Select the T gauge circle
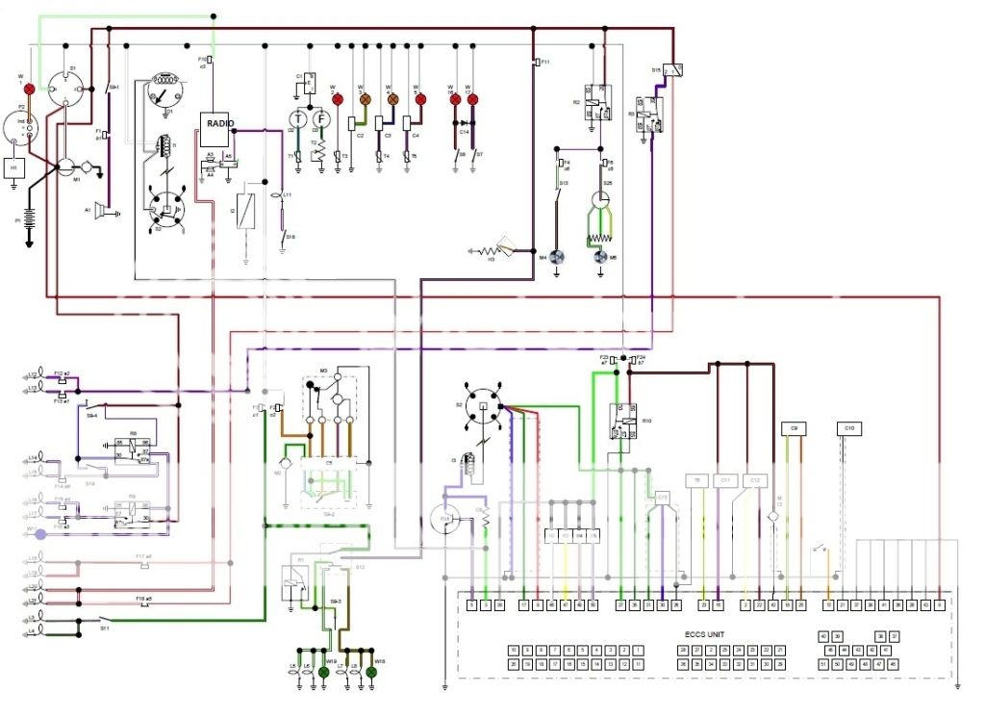tap(297, 118)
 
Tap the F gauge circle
tap(322, 118)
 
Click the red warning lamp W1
tap(29, 90)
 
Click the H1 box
tap(13, 167)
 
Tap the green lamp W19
tap(324, 673)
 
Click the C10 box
tap(848, 427)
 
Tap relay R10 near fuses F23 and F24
tap(621, 422)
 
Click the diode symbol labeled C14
tap(464, 123)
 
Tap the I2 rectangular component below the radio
tap(247, 209)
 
